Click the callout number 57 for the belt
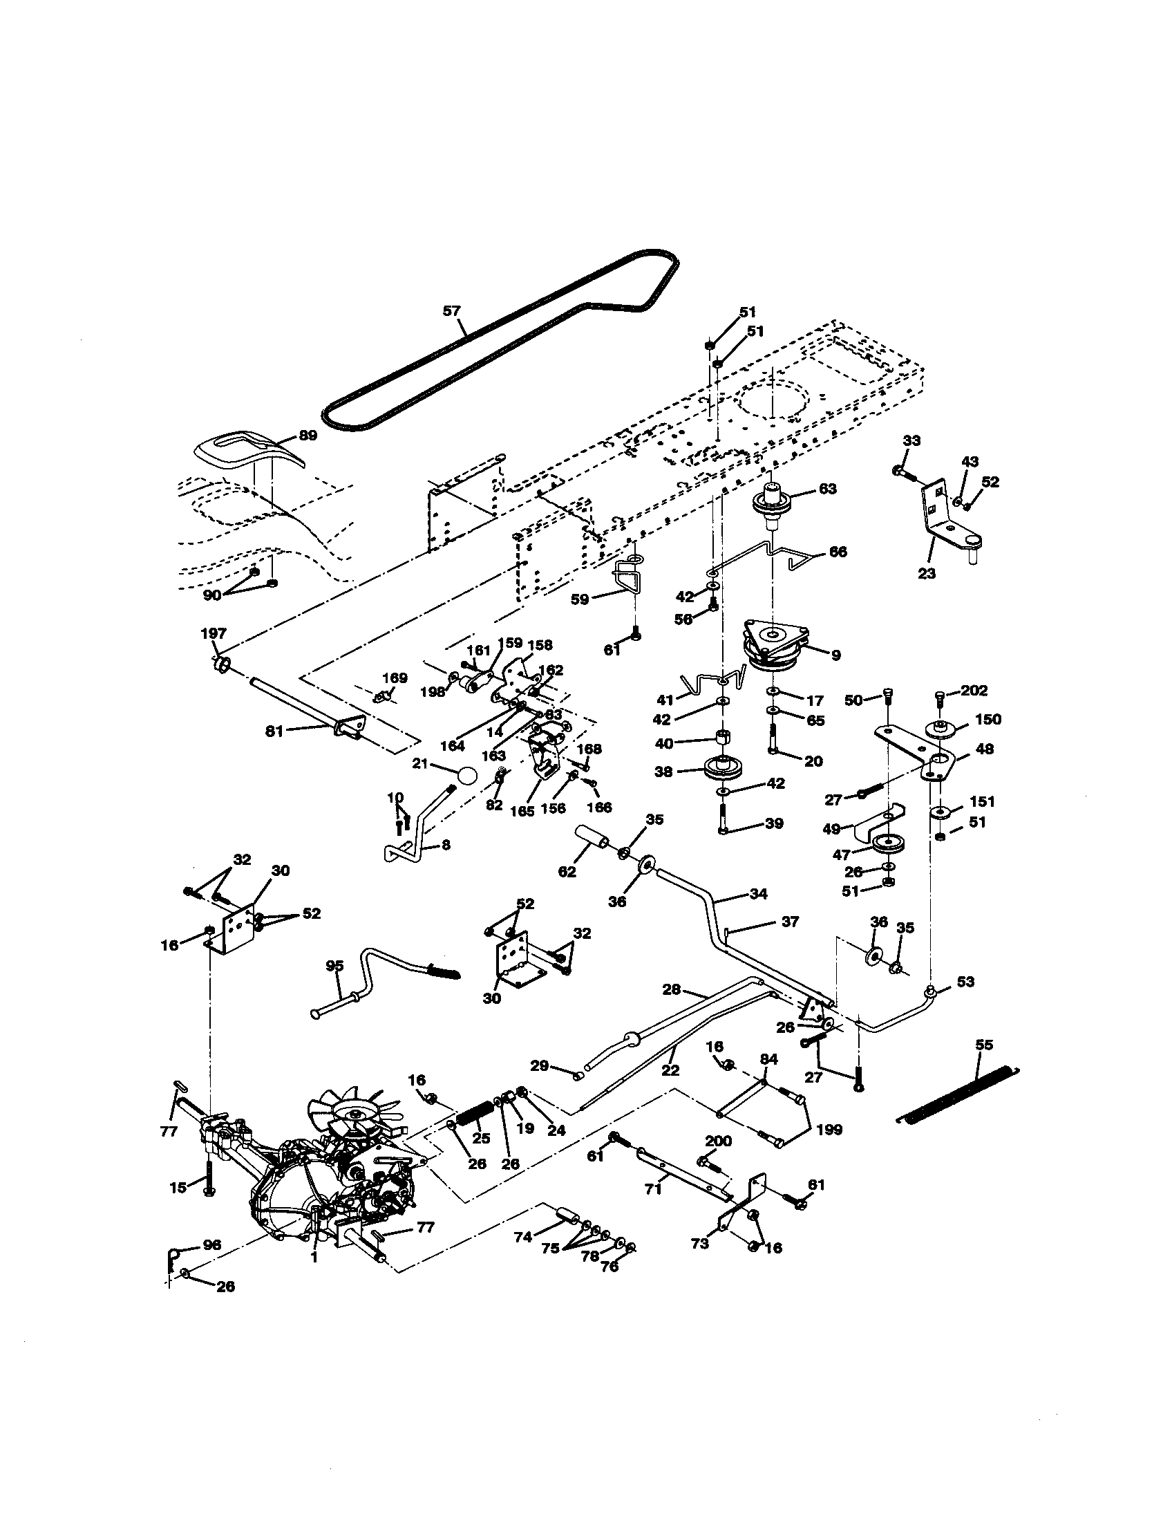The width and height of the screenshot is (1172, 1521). pos(452,310)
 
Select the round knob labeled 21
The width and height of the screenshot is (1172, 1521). pos(467,775)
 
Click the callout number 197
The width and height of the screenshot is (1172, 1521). pos(214,633)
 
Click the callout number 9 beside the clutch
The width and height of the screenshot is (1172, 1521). pos(836,655)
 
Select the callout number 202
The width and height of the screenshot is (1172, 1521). pos(974,691)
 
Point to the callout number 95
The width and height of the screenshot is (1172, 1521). pos(334,966)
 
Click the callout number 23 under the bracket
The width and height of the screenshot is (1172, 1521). pos(926,573)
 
